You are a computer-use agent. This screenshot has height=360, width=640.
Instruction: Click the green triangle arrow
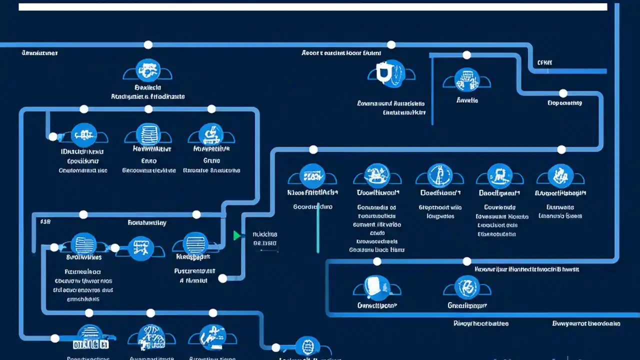coord(237,235)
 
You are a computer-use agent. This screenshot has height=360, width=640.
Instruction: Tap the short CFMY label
coord(544,63)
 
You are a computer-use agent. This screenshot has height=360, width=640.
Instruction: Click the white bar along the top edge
coord(312,7)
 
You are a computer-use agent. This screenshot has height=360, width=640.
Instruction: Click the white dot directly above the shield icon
coord(391,45)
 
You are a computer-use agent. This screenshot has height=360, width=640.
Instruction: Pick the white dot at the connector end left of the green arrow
coord(223,278)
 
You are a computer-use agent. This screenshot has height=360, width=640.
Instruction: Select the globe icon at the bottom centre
coord(307,346)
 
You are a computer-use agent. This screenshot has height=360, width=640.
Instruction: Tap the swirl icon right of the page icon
coord(467,286)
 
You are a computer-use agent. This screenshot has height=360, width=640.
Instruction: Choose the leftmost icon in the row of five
coord(312,175)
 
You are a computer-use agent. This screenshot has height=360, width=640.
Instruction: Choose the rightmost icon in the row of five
coord(560,175)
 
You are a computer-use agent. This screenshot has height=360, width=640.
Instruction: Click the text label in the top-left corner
coord(39,52)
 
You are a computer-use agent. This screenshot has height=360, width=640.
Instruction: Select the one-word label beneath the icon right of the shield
coord(467,100)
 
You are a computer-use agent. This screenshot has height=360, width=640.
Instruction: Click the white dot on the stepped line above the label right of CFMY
coord(563,93)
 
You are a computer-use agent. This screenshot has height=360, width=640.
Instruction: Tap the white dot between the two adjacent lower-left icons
coord(115,247)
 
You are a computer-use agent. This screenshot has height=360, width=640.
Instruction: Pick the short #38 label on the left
coord(45,220)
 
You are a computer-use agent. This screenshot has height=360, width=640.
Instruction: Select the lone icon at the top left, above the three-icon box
coord(147,70)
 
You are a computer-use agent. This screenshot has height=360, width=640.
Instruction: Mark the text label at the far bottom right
coord(586,323)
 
